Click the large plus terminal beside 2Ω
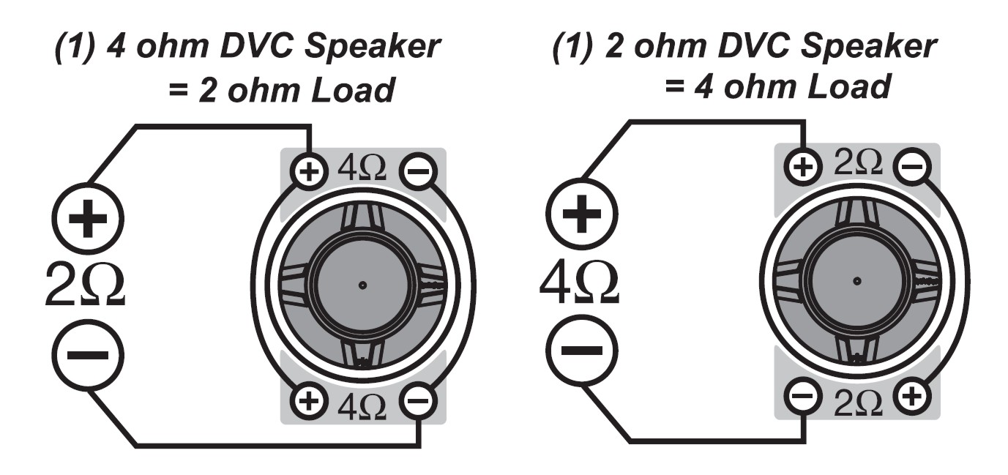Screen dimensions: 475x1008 click(x=88, y=218)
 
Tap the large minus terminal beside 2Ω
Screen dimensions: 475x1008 click(x=88, y=356)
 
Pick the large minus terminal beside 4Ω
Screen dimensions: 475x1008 click(x=582, y=351)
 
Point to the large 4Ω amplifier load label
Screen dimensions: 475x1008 click(x=579, y=283)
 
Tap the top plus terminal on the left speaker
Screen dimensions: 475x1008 click(x=310, y=173)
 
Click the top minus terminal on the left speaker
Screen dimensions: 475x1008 click(x=417, y=173)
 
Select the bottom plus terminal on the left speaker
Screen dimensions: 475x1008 click(x=310, y=401)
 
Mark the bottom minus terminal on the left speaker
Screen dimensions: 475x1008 click(x=417, y=401)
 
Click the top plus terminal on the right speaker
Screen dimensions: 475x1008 click(x=804, y=168)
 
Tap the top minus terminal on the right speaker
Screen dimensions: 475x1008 click(x=911, y=168)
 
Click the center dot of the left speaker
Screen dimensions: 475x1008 click(x=362, y=285)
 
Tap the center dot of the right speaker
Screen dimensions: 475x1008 click(x=856, y=280)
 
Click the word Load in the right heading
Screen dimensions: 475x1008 click(x=850, y=88)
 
